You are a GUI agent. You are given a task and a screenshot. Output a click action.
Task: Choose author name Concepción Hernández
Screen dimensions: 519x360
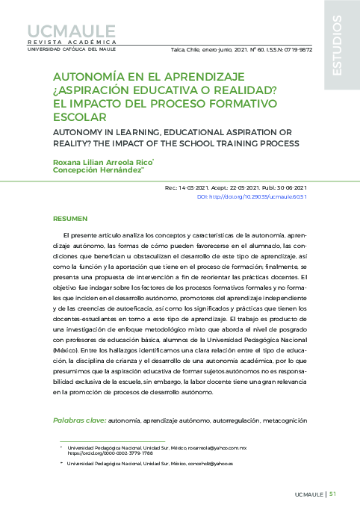click(x=96, y=170)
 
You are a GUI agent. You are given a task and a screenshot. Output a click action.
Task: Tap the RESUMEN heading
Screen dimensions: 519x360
click(x=71, y=220)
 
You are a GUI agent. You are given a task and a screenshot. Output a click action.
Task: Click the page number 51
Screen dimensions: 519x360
click(x=332, y=494)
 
